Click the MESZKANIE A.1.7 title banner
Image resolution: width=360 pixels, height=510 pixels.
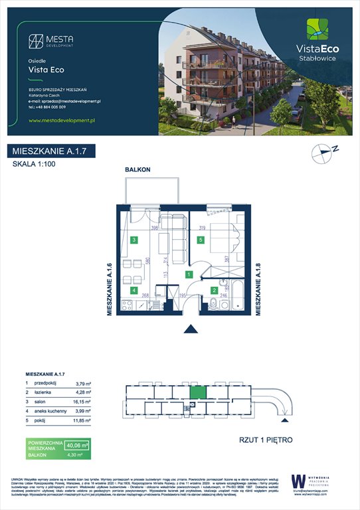50,151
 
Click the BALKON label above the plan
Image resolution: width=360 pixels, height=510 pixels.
138,170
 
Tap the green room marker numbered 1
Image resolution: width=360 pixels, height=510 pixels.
189,274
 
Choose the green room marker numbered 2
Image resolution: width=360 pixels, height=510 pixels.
214,290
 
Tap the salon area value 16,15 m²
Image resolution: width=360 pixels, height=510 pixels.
79,402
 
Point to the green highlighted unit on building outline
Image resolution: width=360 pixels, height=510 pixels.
198,391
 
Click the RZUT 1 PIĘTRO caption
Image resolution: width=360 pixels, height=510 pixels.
265,440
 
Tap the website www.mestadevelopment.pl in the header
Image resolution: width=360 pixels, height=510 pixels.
63,120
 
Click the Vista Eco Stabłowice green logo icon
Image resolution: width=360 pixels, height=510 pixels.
316,29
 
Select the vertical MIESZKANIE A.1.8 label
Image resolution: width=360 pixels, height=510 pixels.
260,289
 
